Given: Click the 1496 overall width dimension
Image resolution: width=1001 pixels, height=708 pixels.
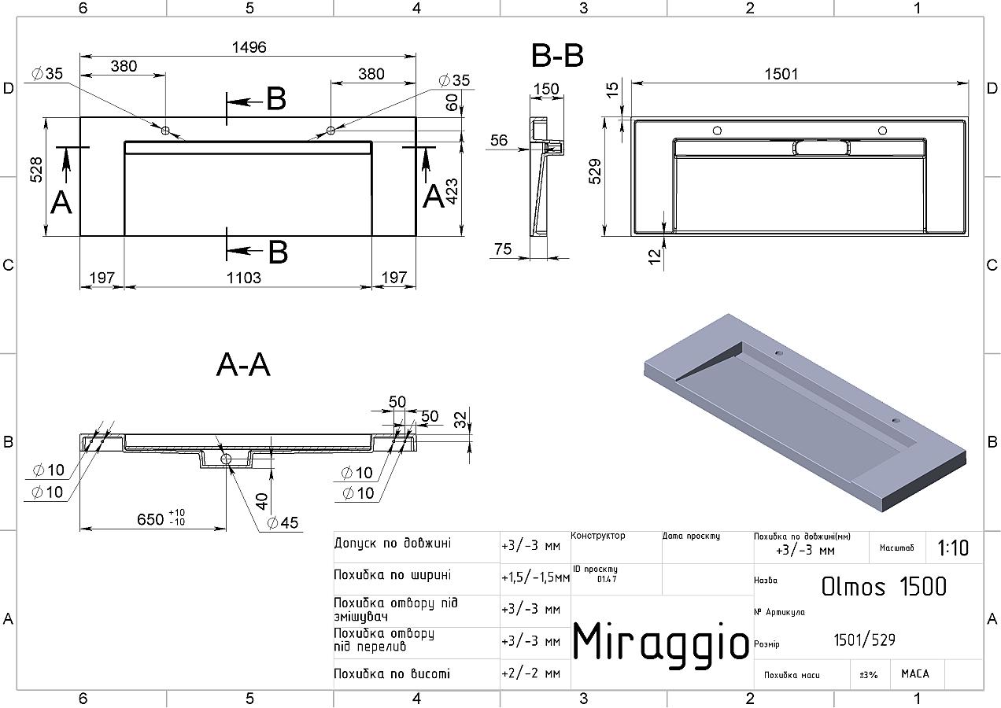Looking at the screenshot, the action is [x=249, y=47].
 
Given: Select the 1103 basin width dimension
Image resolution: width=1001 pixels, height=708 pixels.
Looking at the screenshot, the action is [x=243, y=278].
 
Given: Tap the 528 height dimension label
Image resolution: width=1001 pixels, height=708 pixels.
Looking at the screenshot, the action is [x=36, y=170].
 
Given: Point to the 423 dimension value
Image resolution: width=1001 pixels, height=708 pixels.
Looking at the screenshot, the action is [x=452, y=192].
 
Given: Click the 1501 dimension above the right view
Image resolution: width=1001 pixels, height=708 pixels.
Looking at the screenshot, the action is [x=781, y=74].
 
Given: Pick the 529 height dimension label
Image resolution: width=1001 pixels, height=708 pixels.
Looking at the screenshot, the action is [x=595, y=171].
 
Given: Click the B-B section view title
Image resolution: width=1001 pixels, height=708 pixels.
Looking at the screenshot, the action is [x=557, y=56].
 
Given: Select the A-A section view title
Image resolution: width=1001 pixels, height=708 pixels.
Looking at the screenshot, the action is [x=243, y=365].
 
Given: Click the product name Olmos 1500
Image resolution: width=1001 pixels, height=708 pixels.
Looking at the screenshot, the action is [x=884, y=587].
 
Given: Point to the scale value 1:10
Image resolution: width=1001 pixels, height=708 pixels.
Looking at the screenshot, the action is [x=953, y=548].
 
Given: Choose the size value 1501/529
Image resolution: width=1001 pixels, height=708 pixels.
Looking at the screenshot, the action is [x=865, y=640].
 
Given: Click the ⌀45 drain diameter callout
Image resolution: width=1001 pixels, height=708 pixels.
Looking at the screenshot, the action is [x=283, y=522].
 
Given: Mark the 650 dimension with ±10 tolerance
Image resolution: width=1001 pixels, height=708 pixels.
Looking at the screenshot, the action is [x=161, y=518].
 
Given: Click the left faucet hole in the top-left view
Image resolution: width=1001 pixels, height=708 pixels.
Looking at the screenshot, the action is [x=165, y=131].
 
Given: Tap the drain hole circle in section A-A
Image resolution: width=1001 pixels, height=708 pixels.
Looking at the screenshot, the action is [x=226, y=459].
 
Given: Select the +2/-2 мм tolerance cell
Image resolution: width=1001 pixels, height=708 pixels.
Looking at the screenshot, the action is [x=531, y=673].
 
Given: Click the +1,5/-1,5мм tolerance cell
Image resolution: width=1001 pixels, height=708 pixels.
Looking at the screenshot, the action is [x=535, y=577].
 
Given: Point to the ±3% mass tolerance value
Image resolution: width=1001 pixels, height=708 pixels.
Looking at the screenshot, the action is [x=869, y=674].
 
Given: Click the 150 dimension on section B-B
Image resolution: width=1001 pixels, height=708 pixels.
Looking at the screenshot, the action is [x=546, y=89].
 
